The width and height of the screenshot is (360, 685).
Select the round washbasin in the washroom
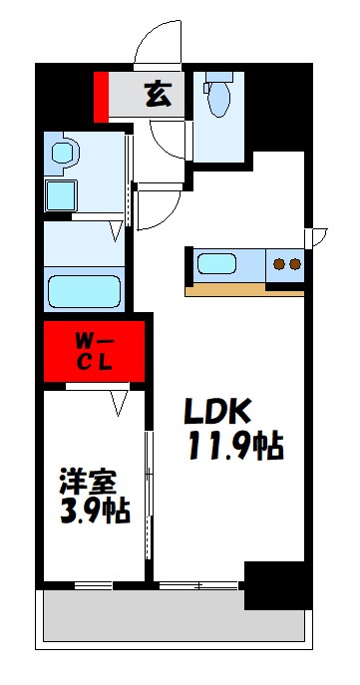(65, 154)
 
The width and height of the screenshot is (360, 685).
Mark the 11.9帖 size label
(235, 446)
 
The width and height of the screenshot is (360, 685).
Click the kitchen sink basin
(216, 264)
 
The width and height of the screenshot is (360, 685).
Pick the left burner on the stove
(279, 264)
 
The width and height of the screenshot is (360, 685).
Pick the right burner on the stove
(295, 264)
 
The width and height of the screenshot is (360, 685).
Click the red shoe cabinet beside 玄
(100, 96)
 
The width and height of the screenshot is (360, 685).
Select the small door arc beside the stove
(318, 237)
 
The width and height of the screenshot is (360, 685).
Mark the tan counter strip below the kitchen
(244, 290)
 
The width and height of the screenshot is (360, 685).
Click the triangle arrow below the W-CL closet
(122, 403)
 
